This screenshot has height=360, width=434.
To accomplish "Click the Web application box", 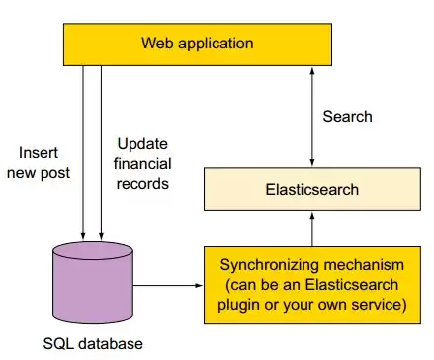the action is (198, 45).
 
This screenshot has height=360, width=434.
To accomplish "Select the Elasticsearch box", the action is (312, 189).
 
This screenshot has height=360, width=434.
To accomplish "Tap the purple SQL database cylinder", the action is (93, 283).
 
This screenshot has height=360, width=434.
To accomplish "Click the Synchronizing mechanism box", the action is (312, 285).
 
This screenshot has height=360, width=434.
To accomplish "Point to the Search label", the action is (347, 117).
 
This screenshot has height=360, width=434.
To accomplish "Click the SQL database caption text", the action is (93, 344).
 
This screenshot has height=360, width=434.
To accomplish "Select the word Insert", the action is (39, 153).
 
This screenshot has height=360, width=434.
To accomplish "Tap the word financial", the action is (142, 164).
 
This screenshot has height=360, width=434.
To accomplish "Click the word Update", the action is (142, 144).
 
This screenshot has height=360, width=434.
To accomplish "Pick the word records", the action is (142, 184).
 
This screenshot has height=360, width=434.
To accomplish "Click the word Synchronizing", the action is (270, 265).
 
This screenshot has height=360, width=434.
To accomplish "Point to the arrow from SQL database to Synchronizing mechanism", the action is (168, 285).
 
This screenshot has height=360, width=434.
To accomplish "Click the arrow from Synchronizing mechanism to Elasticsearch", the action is (312, 228).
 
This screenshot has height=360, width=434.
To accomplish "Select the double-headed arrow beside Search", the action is (312, 117).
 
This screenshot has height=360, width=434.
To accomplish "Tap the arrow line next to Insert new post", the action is (83, 153).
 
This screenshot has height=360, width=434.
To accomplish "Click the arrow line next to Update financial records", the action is (101, 153).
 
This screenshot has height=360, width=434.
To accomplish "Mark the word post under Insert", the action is (55, 173).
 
